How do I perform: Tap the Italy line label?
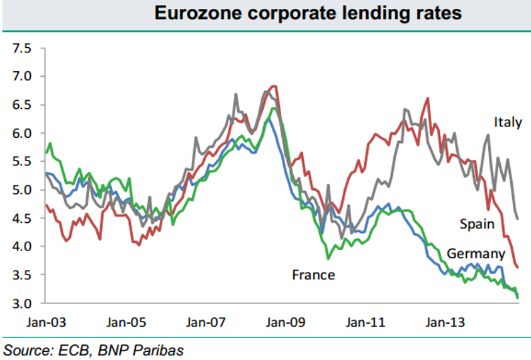508,122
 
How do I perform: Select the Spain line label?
476,223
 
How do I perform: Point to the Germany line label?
476,254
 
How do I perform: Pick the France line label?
313,274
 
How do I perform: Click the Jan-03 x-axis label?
45,323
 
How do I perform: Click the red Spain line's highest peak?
274,86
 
